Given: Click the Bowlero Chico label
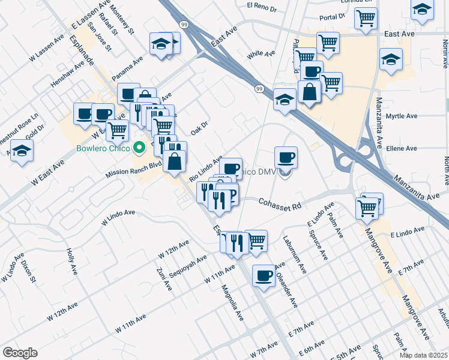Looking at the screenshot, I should [x=103, y=148].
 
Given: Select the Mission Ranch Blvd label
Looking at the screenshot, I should [x=134, y=168].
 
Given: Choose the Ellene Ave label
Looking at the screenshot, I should [x=402, y=148].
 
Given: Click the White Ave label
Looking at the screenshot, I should [x=261, y=54].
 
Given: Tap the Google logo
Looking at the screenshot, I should [x=20, y=353].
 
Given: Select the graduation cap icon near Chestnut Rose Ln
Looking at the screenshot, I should [x=22, y=151].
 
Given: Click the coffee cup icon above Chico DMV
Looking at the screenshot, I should [x=286, y=158].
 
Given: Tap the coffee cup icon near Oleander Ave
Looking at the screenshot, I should [x=264, y=276].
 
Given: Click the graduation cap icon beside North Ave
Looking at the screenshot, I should [x=422, y=9].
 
